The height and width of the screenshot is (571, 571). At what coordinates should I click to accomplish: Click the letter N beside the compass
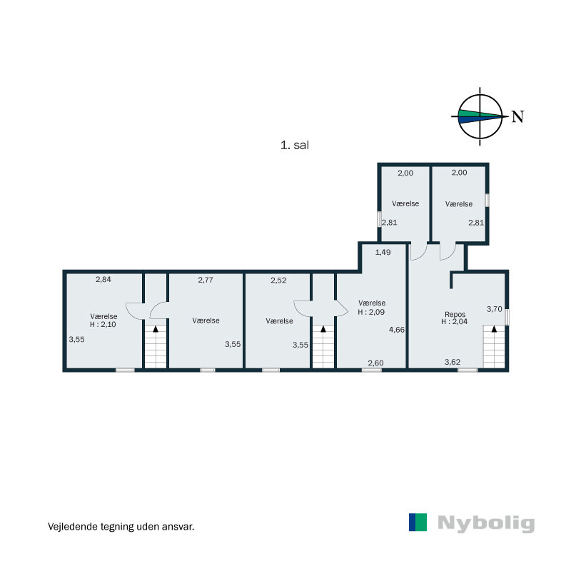(x=518, y=117)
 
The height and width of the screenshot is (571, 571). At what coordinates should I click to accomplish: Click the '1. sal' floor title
(x=294, y=144)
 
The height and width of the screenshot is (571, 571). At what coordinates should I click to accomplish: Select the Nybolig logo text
(x=485, y=523)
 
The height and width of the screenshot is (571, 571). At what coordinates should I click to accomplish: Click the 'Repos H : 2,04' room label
(x=455, y=317)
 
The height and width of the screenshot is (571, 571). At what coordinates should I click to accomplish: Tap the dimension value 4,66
(x=397, y=330)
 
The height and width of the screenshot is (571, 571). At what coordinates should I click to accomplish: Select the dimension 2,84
(x=103, y=279)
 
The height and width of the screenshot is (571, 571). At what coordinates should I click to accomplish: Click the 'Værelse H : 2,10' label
(x=104, y=320)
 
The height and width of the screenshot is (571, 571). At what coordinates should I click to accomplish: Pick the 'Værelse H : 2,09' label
(x=372, y=307)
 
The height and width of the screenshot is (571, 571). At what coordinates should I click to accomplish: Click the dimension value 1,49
(x=383, y=252)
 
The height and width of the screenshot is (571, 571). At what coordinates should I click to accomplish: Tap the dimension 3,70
(x=494, y=309)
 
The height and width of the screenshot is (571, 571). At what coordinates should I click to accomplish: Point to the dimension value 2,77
(x=206, y=280)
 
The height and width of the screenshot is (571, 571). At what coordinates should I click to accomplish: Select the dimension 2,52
(x=278, y=280)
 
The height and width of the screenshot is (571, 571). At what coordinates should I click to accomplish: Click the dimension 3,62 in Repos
(x=452, y=362)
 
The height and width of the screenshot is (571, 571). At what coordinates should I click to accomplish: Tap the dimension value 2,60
(x=375, y=363)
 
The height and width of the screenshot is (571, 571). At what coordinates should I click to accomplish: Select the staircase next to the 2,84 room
(x=156, y=346)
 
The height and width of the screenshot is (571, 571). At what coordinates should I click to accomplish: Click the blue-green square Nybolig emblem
(x=418, y=522)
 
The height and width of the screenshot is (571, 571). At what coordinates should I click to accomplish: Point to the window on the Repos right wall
(x=507, y=317)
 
